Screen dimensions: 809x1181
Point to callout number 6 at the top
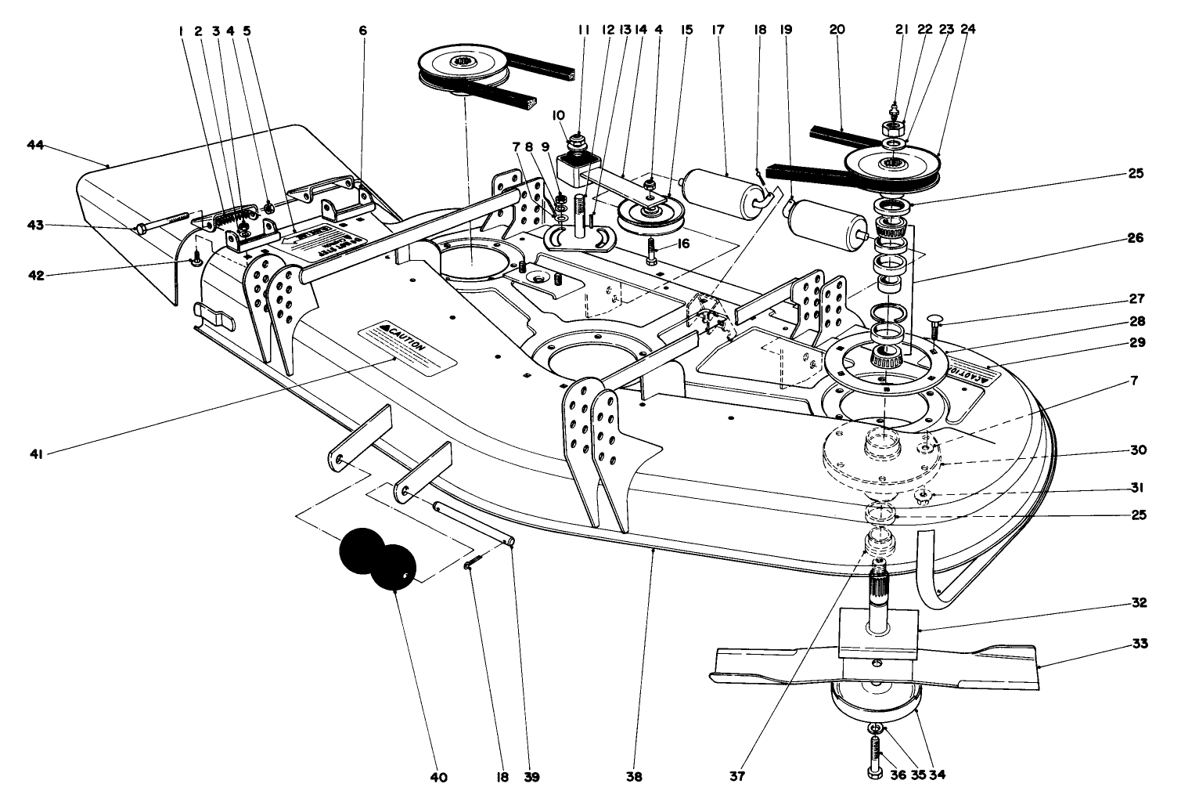click(362, 31)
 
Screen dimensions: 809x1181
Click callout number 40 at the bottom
click(438, 778)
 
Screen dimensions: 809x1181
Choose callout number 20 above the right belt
click(837, 31)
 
